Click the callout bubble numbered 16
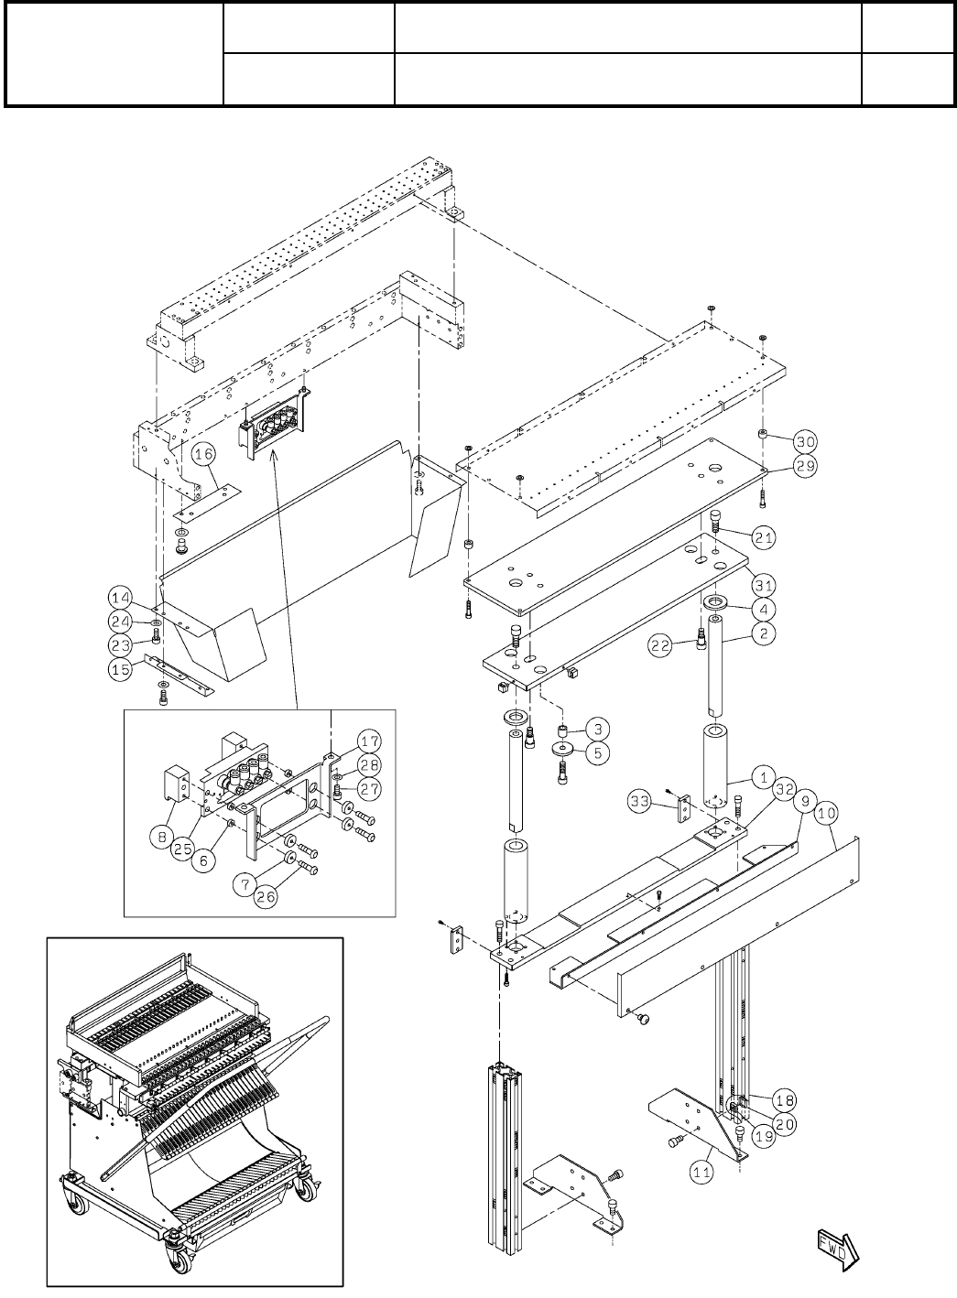pyautogui.click(x=202, y=453)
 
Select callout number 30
pyautogui.click(x=804, y=440)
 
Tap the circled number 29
pyautogui.click(x=804, y=465)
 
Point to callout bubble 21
pyautogui.click(x=764, y=537)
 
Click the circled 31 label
pyautogui.click(x=764, y=583)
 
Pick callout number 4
pyautogui.click(x=764, y=608)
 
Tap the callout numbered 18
pyautogui.click(x=784, y=1100)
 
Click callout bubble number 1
pyautogui.click(x=759, y=777)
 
